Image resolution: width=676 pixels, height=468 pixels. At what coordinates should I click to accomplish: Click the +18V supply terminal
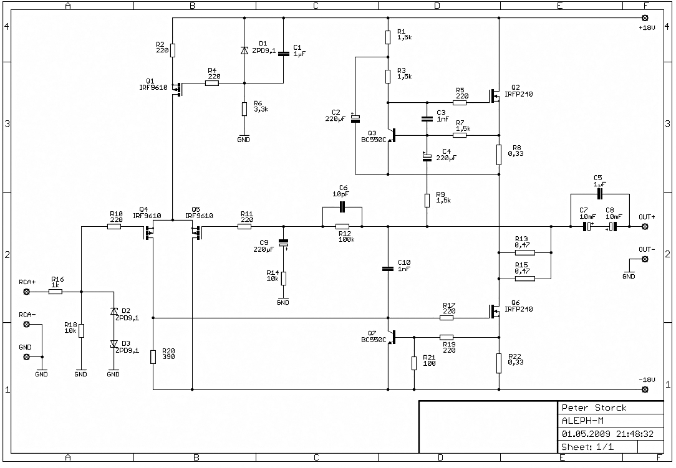(x=645, y=18)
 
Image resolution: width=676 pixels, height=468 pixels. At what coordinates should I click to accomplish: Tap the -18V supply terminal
(x=645, y=389)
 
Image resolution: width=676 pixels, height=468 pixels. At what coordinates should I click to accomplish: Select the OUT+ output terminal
(x=645, y=226)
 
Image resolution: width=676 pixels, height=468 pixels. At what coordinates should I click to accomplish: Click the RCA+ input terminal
(x=26, y=292)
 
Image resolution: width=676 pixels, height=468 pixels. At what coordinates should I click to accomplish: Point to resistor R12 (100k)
(x=342, y=226)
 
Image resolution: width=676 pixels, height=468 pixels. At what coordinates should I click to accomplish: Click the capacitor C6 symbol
(x=342, y=207)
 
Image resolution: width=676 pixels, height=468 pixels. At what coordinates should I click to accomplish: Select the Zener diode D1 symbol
(x=244, y=50)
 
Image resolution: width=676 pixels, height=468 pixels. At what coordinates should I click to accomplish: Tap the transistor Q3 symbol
(x=392, y=135)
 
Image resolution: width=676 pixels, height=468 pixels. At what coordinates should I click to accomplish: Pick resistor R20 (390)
(x=153, y=357)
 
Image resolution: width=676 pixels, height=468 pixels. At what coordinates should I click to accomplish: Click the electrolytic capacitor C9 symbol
(x=283, y=244)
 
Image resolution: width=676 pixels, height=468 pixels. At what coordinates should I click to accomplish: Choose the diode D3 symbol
(x=114, y=344)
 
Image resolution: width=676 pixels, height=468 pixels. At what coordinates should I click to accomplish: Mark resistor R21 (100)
(x=414, y=363)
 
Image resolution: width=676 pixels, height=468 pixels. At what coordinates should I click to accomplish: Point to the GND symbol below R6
(x=244, y=137)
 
